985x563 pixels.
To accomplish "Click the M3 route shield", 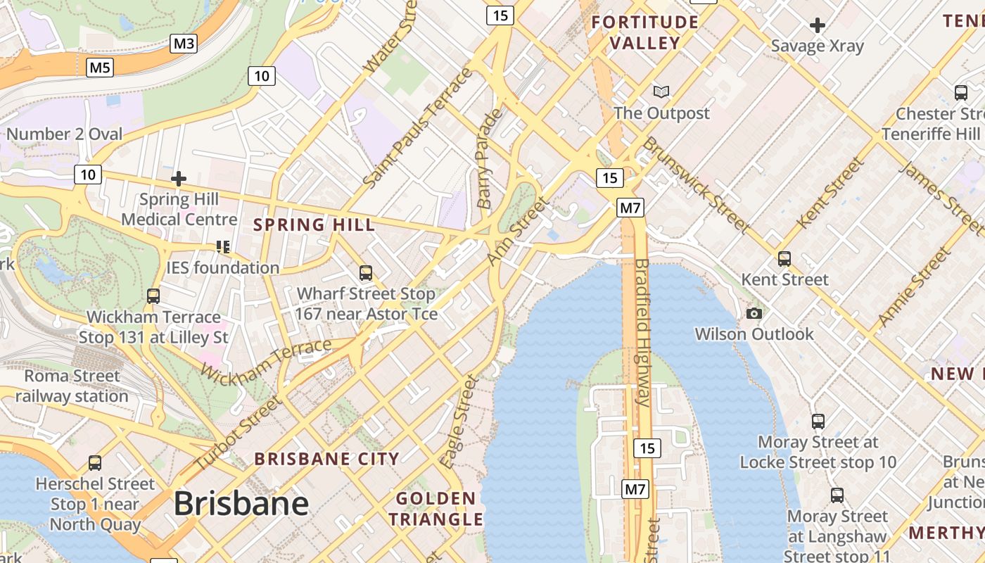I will (x=184, y=44).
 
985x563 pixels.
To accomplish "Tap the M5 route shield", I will (x=100, y=68).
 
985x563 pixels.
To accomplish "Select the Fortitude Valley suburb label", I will (x=644, y=32).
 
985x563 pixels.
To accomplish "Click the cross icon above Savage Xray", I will (x=817, y=26).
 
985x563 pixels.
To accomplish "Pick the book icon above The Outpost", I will (x=661, y=91).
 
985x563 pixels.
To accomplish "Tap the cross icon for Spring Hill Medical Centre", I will (x=179, y=179).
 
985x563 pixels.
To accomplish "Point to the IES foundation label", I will (x=222, y=267).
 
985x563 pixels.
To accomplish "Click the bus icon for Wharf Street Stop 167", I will (x=365, y=272).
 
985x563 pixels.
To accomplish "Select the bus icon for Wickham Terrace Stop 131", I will (x=153, y=296).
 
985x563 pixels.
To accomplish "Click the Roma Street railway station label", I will (x=72, y=386).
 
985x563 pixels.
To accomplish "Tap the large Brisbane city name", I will (x=241, y=503).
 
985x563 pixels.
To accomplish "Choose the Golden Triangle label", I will (x=436, y=509).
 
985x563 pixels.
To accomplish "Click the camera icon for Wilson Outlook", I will (x=754, y=313).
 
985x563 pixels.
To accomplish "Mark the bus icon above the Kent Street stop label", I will (x=784, y=258).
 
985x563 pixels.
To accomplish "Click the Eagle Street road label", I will (x=459, y=422).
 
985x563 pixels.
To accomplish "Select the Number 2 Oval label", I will (x=64, y=134).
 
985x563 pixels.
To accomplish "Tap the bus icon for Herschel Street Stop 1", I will (x=95, y=462).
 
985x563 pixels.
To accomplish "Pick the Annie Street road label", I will (x=914, y=288).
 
